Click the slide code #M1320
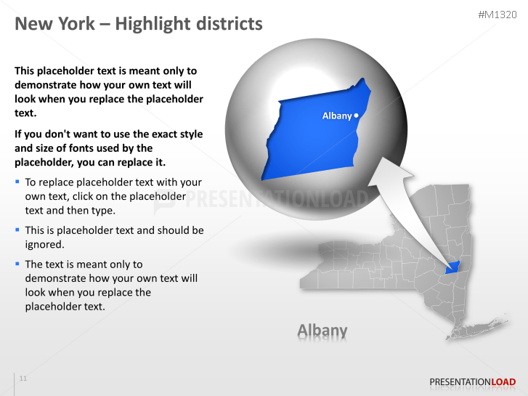click(498, 15)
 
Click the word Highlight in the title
click(153, 24)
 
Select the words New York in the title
click(54, 24)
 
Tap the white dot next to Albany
click(357, 116)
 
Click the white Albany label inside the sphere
click(336, 116)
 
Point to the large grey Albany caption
click(322, 331)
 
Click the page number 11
click(23, 379)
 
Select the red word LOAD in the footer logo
click(503, 381)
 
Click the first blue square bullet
click(17, 182)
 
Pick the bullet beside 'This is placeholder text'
click(17, 230)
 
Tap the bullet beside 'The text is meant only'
click(17, 264)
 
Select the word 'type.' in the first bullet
click(102, 210)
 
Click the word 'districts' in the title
click(230, 24)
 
